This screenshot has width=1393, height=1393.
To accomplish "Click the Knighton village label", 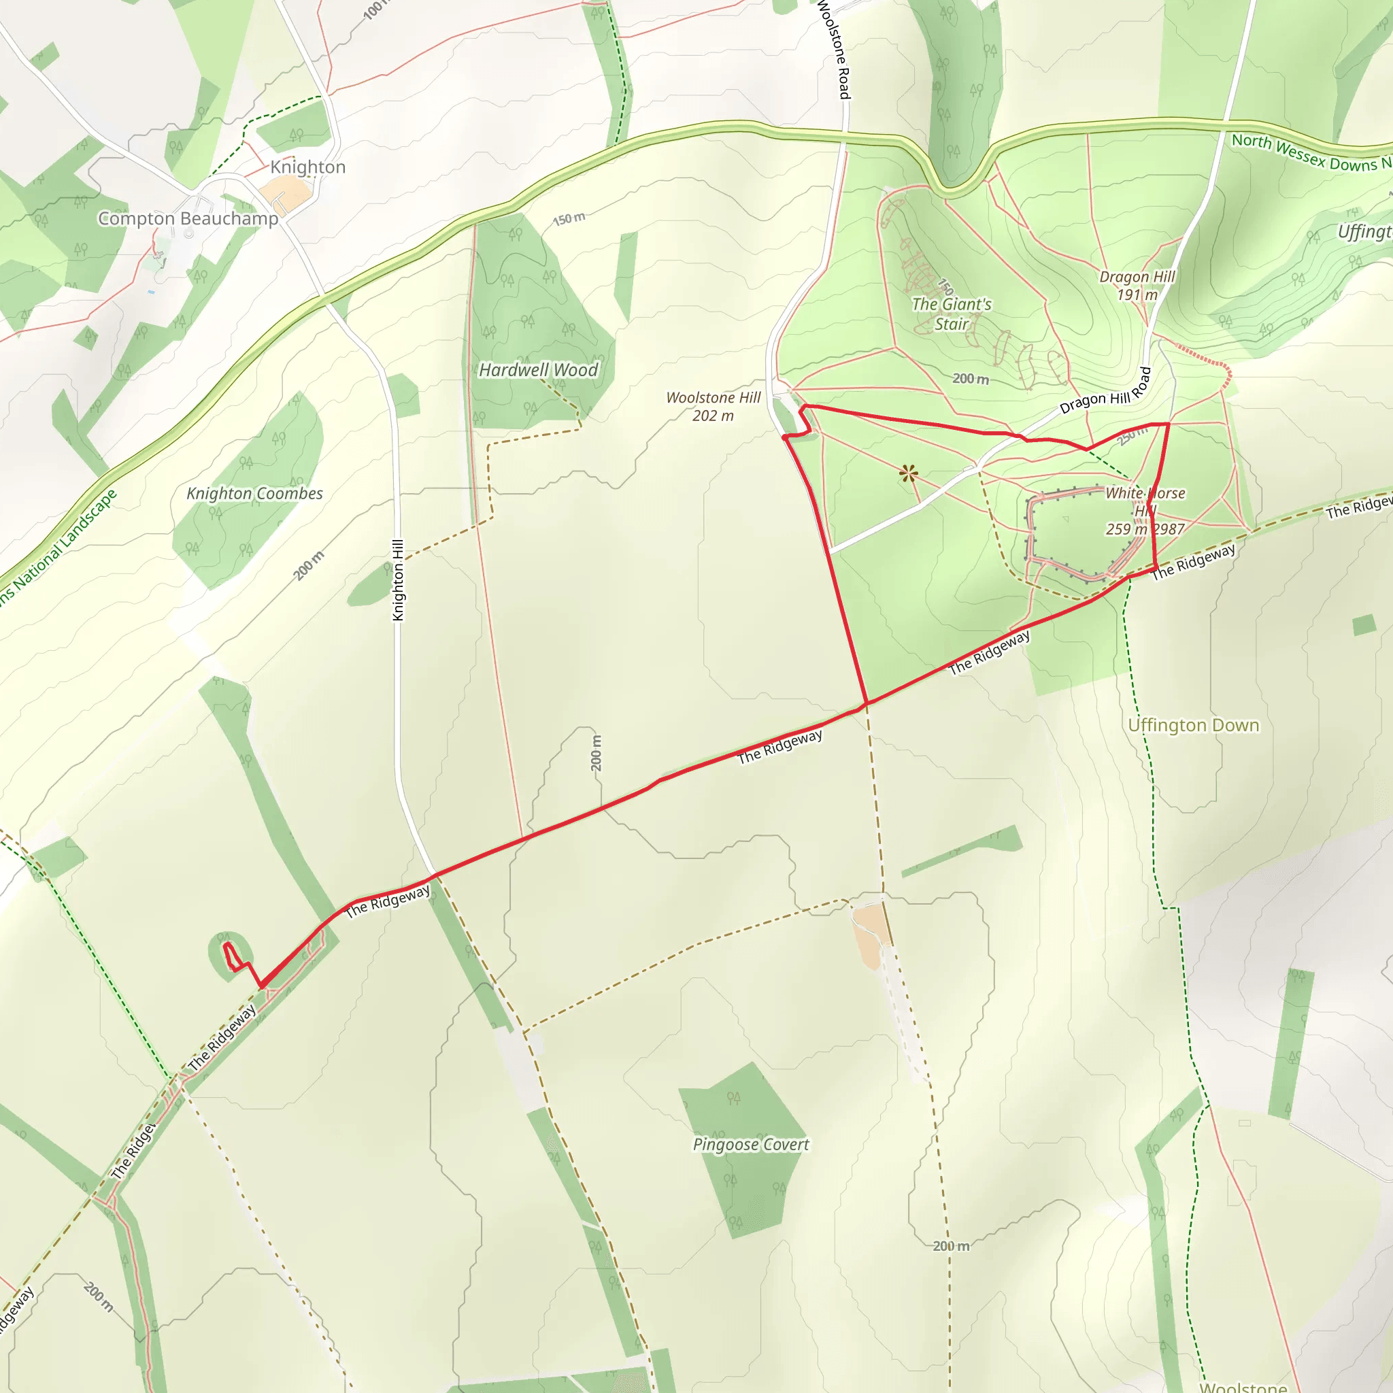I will pyautogui.click(x=308, y=167).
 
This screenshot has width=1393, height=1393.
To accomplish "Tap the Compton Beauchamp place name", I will pyautogui.click(x=188, y=218).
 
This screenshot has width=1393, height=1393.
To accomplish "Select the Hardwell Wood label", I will pyautogui.click(x=539, y=370).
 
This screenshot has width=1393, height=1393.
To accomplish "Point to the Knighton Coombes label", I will pyautogui.click(x=254, y=493).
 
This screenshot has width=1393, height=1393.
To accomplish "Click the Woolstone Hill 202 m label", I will pyautogui.click(x=713, y=407).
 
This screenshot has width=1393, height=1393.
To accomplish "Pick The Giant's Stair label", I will pyautogui.click(x=952, y=314).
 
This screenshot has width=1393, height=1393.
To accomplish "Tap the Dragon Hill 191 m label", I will pyautogui.click(x=1137, y=286).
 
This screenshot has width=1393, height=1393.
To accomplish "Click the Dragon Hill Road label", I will pyautogui.click(x=1105, y=392).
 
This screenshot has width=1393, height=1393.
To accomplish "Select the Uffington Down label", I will pyautogui.click(x=1193, y=725).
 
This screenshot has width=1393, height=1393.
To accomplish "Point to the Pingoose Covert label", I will pyautogui.click(x=751, y=1144).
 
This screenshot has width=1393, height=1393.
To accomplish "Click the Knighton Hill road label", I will pyautogui.click(x=398, y=580).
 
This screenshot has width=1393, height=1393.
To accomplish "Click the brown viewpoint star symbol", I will pyautogui.click(x=909, y=473).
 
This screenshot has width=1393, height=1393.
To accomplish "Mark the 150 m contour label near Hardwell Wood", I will pyautogui.click(x=569, y=218).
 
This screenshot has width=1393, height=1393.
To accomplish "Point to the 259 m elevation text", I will pyautogui.click(x=1126, y=529).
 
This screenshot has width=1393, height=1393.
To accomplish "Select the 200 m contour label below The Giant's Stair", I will pyautogui.click(x=971, y=379).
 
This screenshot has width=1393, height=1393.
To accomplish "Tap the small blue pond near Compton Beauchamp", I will pyautogui.click(x=151, y=292).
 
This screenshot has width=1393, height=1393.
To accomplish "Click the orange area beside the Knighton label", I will pyautogui.click(x=286, y=192).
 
